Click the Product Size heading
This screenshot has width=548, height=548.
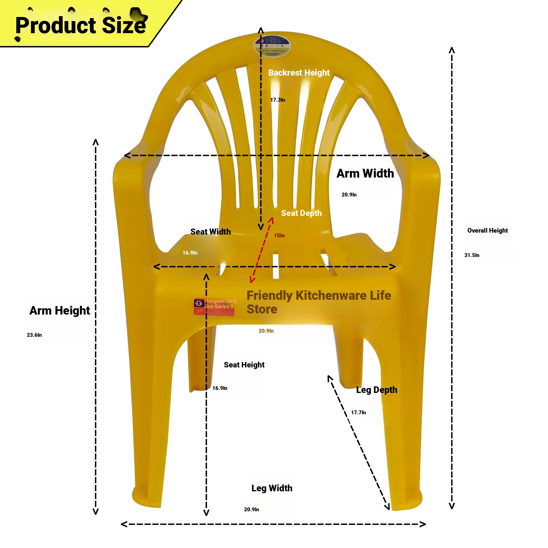[81, 25]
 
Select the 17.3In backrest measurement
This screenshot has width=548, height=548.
[277, 100]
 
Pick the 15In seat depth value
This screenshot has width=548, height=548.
[279, 235]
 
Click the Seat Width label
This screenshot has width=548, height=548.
[210, 232]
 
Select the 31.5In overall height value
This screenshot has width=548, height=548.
[472, 255]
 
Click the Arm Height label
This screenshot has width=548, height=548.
[59, 311]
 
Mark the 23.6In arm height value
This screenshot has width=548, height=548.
[34, 335]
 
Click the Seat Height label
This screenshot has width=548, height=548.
[244, 365]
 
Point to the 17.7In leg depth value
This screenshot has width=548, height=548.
[358, 412]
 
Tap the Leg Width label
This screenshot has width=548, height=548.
[272, 488]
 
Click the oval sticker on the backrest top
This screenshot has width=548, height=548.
[272, 46]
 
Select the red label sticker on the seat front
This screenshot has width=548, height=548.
[214, 307]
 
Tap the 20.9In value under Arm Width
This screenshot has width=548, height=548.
[349, 195]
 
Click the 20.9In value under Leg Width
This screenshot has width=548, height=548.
[251, 509]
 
